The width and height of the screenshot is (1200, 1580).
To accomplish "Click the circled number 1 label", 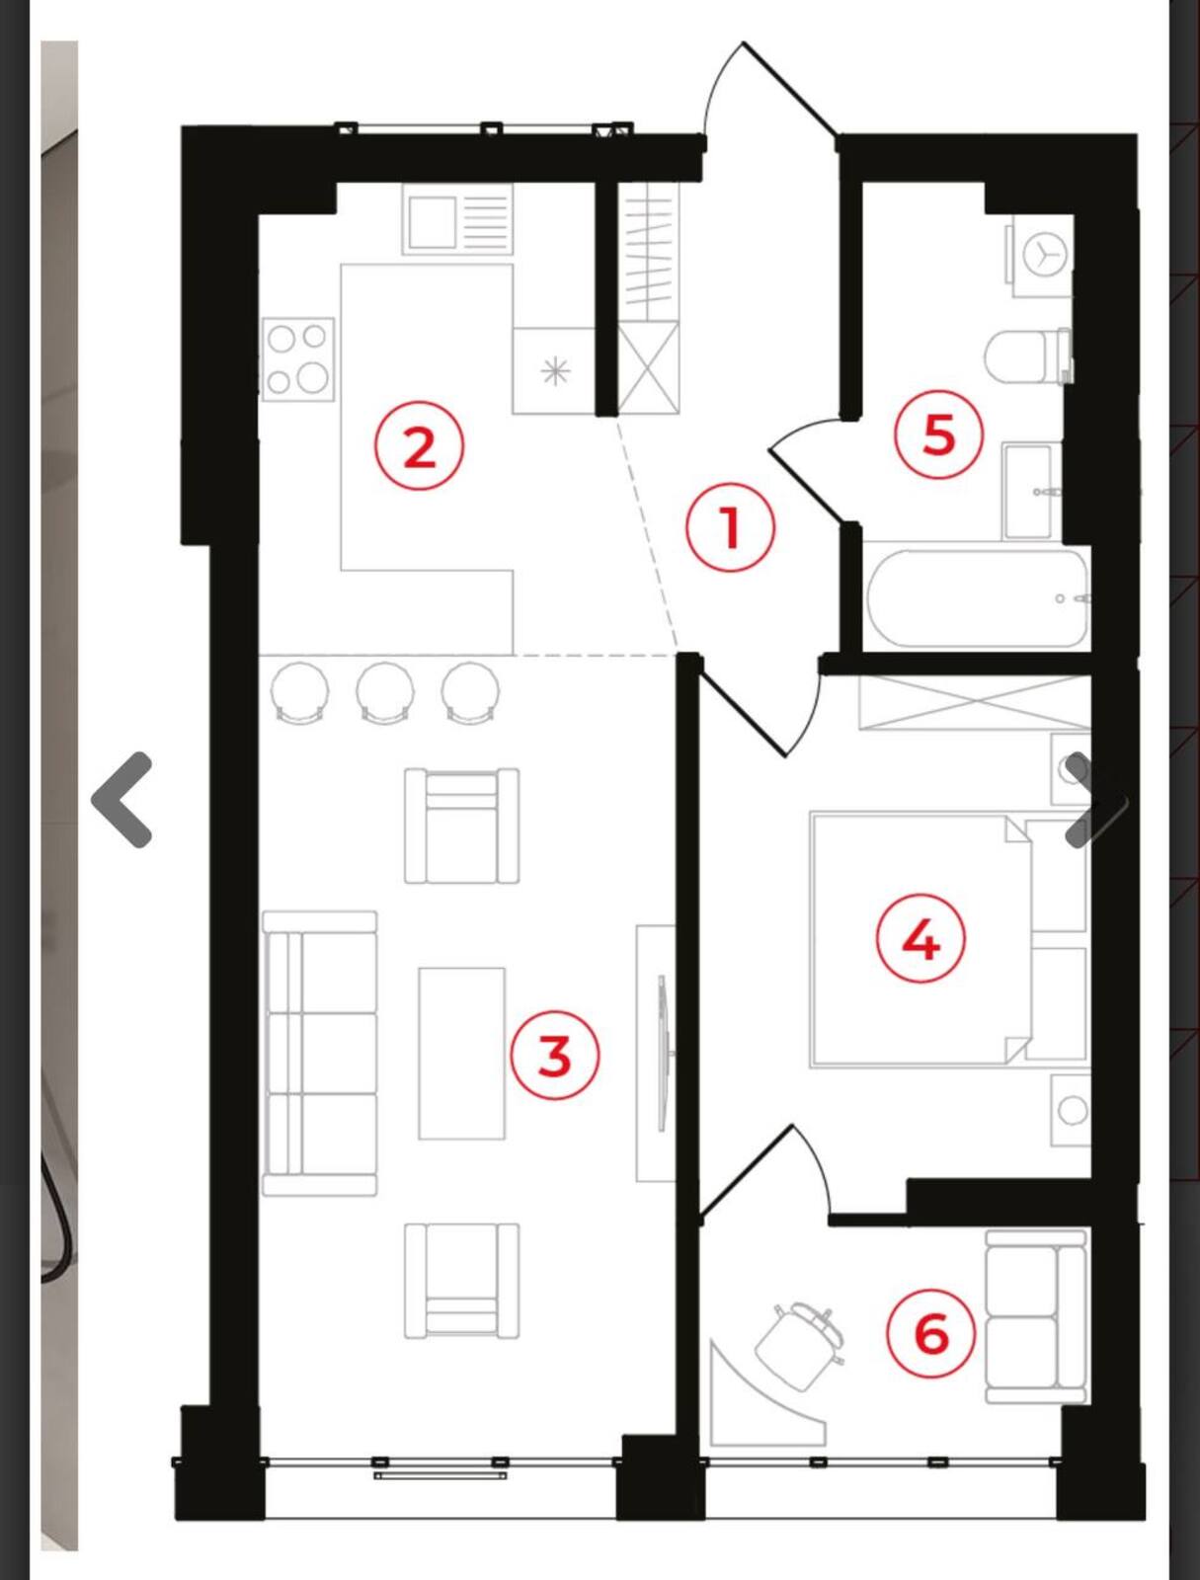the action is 730,527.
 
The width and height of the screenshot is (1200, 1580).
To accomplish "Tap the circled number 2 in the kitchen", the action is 420,447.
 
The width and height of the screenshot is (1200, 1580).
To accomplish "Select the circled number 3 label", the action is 554,1056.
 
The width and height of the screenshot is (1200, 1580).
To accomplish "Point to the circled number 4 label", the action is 920,939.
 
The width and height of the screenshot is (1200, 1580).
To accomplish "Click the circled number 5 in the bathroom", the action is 938,434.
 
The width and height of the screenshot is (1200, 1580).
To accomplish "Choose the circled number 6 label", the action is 930,1333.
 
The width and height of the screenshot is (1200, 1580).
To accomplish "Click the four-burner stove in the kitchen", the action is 298,358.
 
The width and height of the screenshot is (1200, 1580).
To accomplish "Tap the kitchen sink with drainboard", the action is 457,219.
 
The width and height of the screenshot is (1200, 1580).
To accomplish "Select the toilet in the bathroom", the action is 1029,356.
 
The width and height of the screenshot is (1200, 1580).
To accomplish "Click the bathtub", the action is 978,598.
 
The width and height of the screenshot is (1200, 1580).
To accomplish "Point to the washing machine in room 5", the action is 1042,256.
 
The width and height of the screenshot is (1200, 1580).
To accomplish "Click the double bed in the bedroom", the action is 948,939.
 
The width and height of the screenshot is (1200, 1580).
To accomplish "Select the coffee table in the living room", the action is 461,1053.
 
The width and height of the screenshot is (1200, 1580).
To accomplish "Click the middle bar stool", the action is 385,691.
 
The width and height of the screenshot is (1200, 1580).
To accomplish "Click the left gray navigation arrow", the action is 120,799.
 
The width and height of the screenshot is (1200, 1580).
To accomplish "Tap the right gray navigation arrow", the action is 1095,799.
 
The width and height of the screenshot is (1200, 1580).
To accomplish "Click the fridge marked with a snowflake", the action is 554,370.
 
